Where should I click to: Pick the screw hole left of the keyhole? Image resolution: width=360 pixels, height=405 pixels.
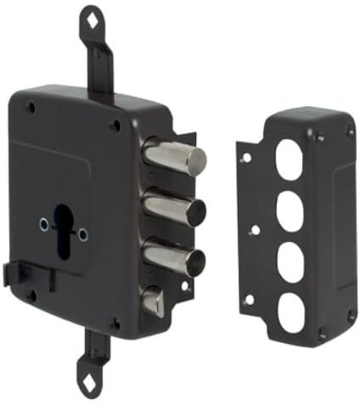pyautogui.click(x=43, y=223)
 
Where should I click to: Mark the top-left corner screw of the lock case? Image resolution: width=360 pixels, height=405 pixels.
pyautogui.click(x=31, y=108)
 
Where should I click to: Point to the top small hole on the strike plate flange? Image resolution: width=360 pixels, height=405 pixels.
pyautogui.click(x=245, y=157)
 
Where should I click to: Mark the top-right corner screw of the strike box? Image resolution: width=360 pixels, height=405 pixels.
pyautogui.click(x=349, y=131)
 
